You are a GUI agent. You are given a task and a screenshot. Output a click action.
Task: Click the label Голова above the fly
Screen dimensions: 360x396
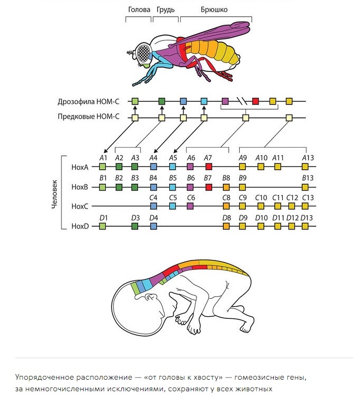(x=139, y=9)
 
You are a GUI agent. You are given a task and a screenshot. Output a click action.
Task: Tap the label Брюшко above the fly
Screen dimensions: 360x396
(x=214, y=9)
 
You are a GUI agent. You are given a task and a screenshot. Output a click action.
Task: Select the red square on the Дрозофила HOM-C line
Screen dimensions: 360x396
(x=255, y=101)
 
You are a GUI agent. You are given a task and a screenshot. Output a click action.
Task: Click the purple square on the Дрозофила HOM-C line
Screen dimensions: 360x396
(x=225, y=101)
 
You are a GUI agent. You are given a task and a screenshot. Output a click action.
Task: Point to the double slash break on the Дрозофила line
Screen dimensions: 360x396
(x=242, y=101)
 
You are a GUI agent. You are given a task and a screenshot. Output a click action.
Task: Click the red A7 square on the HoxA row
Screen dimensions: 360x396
(x=209, y=166)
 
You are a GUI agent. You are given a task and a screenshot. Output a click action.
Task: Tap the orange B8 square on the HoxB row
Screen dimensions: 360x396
(x=226, y=187)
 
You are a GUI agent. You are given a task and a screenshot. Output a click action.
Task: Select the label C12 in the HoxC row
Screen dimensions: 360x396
(x=292, y=197)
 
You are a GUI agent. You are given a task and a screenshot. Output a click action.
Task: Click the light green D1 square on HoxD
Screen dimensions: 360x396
(x=102, y=226)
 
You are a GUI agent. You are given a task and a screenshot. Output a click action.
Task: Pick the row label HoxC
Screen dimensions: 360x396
(x=80, y=206)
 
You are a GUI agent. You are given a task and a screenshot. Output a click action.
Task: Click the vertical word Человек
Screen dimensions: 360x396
(x=55, y=194)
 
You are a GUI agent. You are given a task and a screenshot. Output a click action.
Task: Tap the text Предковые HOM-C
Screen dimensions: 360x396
(x=88, y=117)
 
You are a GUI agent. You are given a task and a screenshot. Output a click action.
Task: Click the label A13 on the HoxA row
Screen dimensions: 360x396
(x=308, y=158)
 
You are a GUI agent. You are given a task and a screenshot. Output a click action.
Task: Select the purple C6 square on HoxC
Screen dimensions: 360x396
(x=190, y=206)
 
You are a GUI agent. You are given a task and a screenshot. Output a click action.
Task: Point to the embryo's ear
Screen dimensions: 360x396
(x=151, y=297)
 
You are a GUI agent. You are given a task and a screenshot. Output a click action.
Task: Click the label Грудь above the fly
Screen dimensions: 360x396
(x=166, y=10)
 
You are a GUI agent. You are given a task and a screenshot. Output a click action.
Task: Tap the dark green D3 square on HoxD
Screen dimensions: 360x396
(x=135, y=226)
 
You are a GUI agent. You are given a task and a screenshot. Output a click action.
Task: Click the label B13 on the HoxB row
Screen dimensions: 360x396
(x=307, y=178)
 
